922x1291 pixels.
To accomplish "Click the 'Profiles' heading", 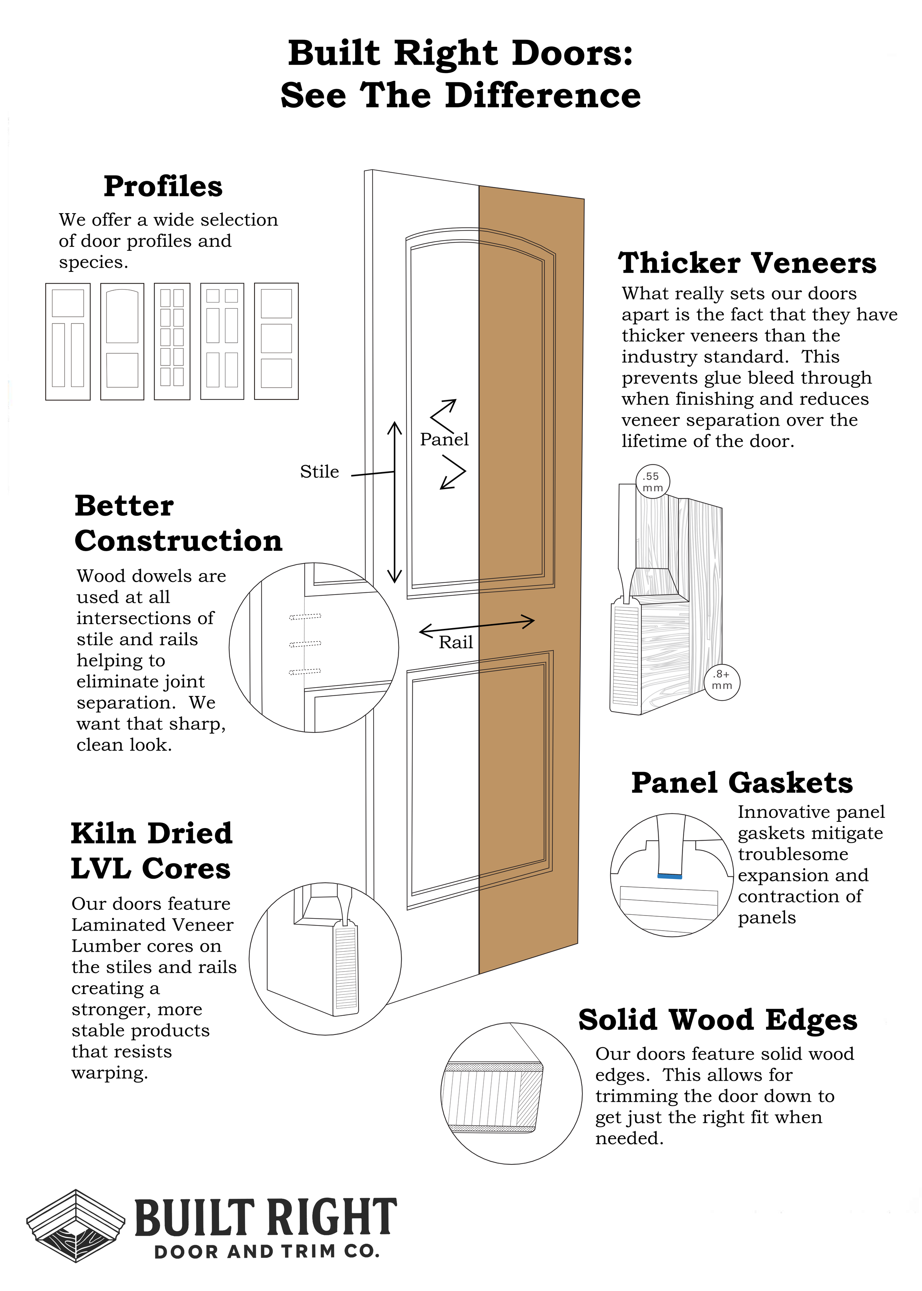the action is click(163, 186).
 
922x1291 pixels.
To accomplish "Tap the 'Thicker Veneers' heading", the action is click(747, 263).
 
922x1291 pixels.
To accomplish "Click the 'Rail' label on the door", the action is click(455, 643).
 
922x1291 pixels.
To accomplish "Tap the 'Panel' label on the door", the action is click(444, 439).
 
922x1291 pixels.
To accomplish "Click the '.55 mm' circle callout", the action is click(652, 482).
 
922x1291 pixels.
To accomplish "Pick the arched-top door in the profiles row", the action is click(122, 341).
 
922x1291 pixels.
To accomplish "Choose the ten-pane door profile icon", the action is click(172, 341).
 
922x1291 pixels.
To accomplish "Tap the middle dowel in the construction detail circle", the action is click(305, 644).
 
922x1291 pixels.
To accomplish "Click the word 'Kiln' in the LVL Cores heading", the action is click(103, 833).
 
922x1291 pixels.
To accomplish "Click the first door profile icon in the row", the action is click(67, 341).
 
